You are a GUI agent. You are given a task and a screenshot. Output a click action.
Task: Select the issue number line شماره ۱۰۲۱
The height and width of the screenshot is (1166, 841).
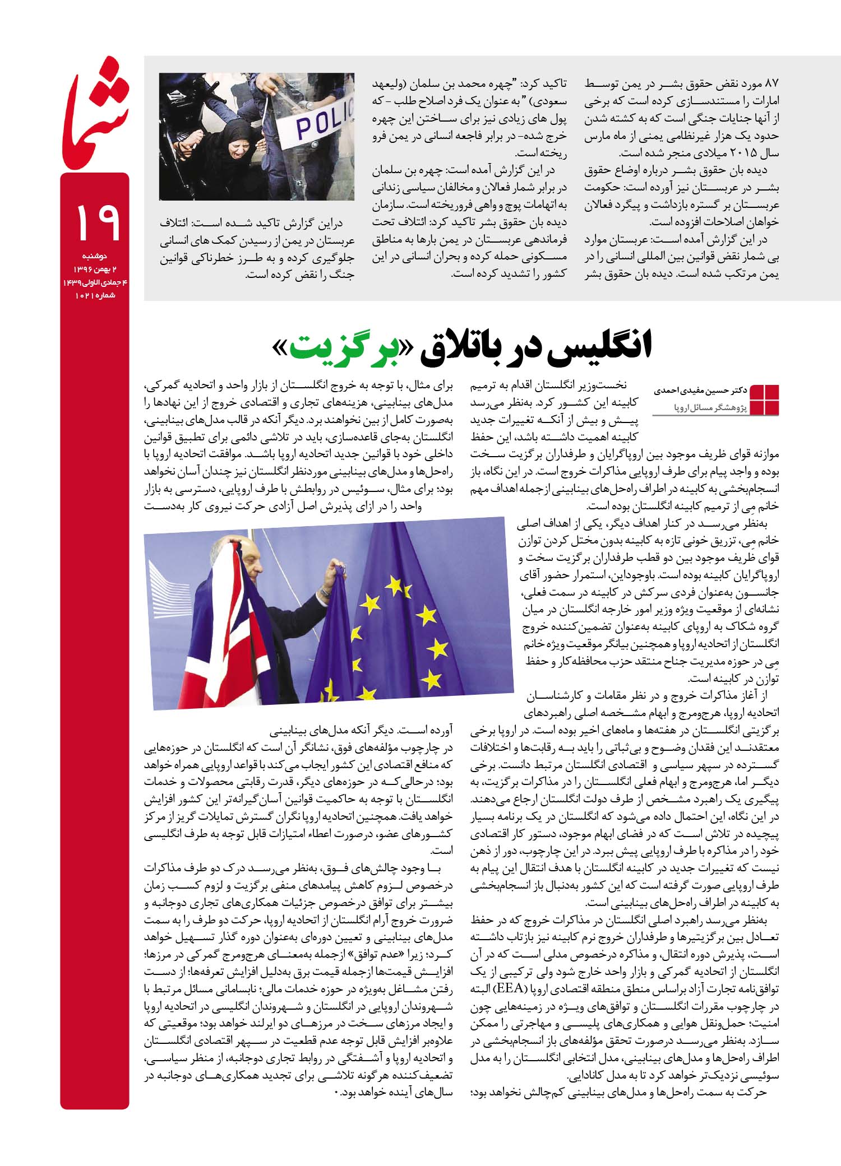coord(94,296)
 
